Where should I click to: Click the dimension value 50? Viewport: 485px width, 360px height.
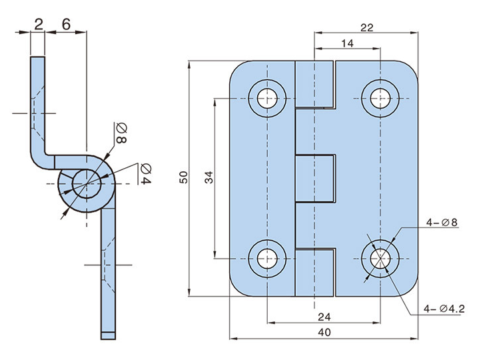(x=183, y=177)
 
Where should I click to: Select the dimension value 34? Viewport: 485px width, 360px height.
(x=208, y=177)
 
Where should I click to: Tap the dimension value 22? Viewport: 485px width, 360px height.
(x=366, y=27)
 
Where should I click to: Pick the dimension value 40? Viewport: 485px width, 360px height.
(x=324, y=332)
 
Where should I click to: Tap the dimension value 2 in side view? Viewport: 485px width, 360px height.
(x=39, y=25)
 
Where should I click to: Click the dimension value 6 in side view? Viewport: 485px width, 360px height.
(x=66, y=25)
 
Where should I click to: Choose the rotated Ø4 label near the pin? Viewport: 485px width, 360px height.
(x=145, y=173)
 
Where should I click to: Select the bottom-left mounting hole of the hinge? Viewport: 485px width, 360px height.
(x=266, y=257)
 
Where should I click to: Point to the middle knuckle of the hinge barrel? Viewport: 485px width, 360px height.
(x=314, y=177)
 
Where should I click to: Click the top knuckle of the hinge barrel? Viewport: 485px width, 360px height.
(x=313, y=84)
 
